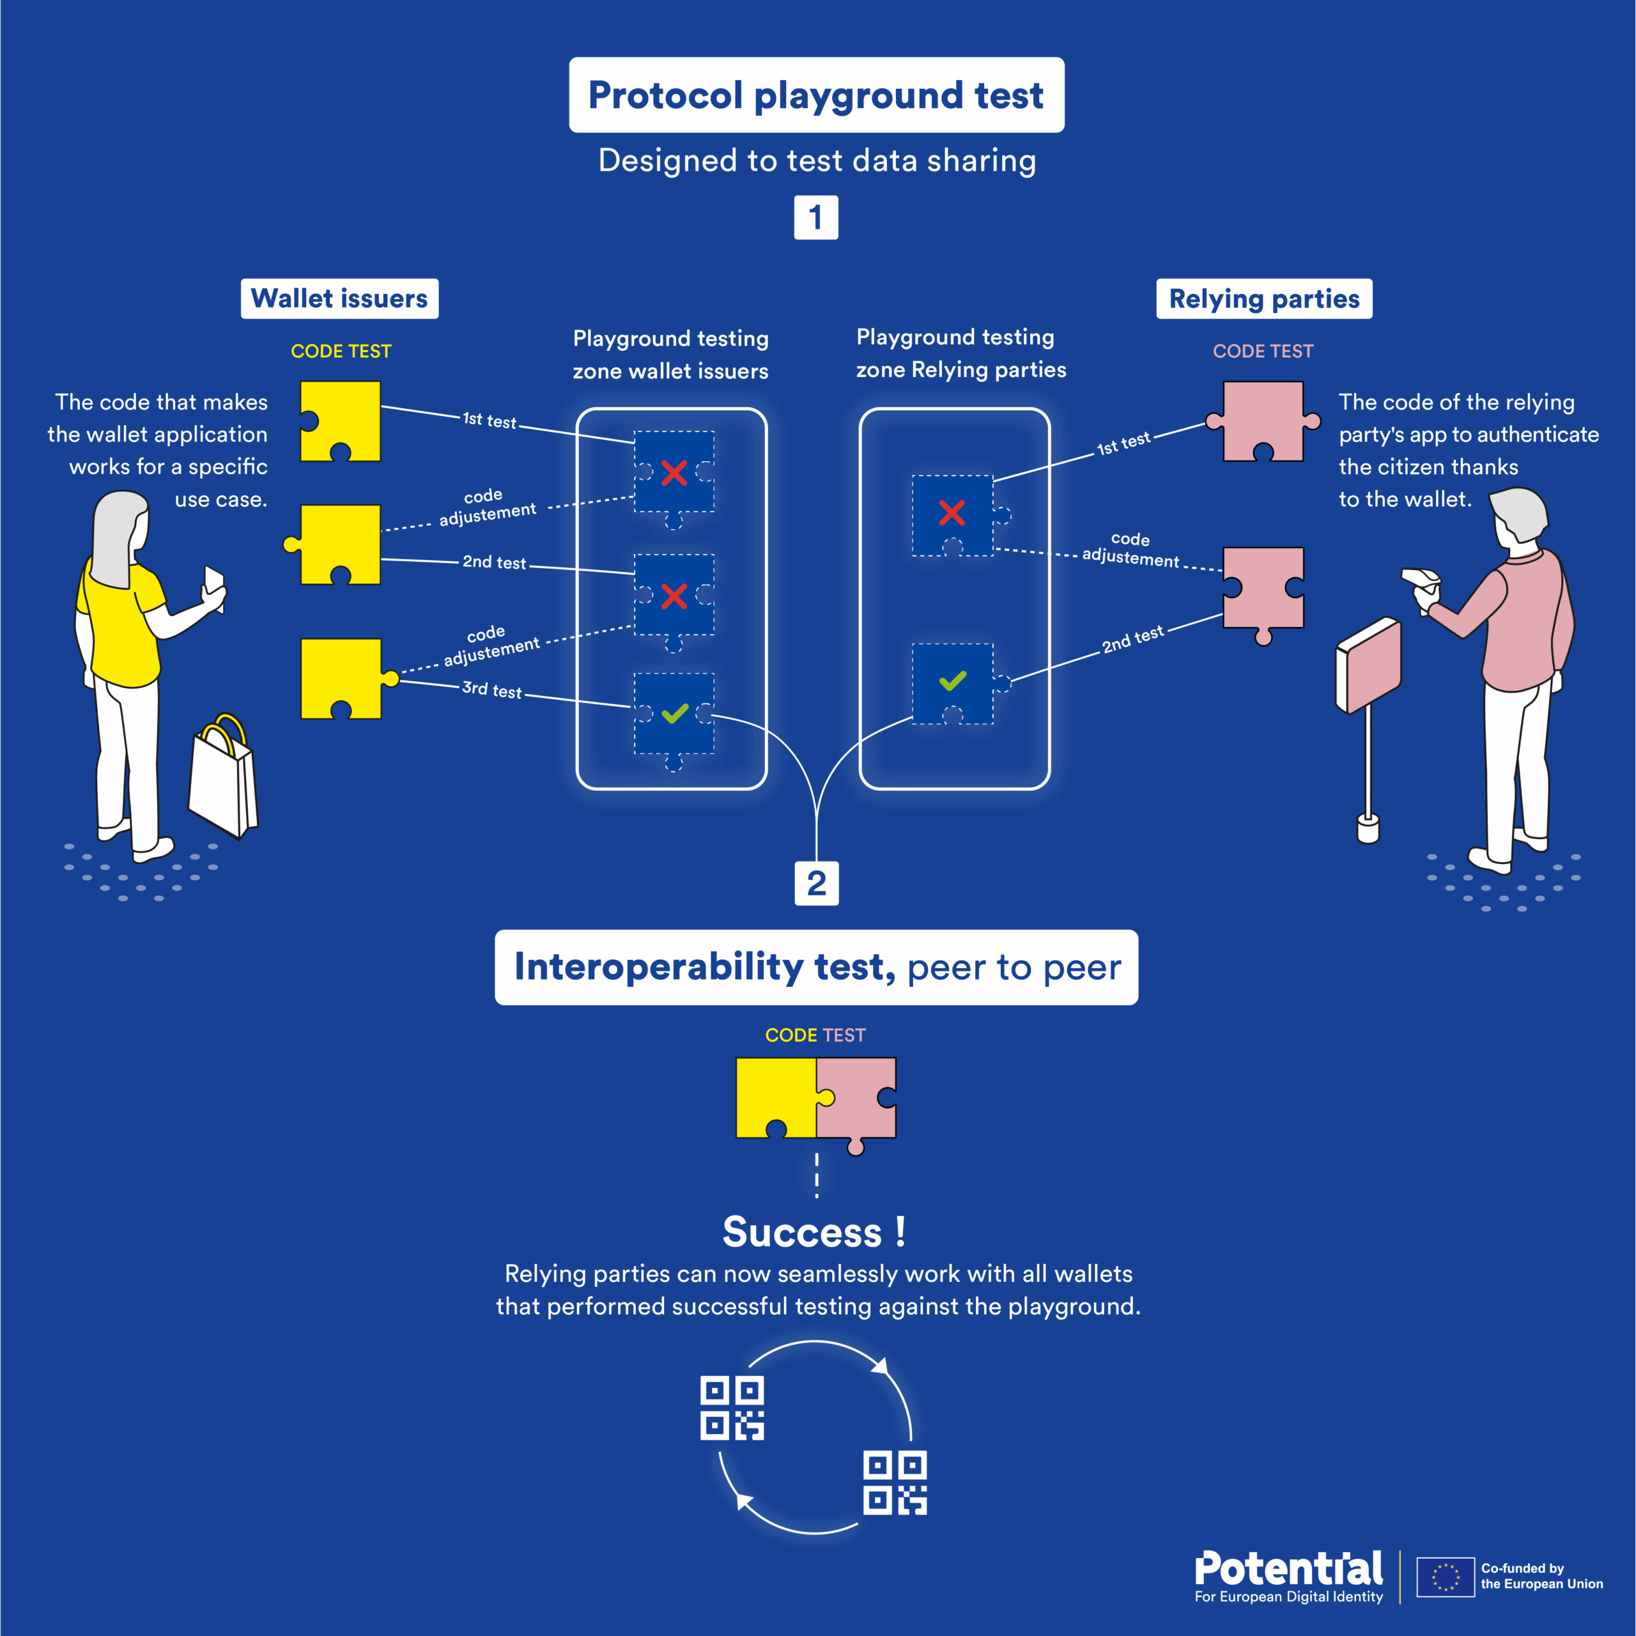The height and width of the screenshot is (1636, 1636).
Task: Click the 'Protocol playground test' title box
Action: point(816,95)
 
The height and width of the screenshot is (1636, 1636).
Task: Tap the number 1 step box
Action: point(816,218)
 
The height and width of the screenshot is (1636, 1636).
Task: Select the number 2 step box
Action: point(816,883)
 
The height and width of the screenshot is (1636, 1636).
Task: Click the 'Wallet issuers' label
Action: point(339,299)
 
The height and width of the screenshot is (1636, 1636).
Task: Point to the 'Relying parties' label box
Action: point(1264,299)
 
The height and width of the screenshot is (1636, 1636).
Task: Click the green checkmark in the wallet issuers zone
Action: point(675,714)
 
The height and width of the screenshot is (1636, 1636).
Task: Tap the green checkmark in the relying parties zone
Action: point(953,681)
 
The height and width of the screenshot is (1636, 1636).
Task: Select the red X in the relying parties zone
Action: point(952,513)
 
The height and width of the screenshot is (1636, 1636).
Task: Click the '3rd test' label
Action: point(492,690)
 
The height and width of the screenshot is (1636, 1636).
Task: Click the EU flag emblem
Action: point(1446,1577)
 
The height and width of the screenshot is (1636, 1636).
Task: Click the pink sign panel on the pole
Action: point(1368,665)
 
